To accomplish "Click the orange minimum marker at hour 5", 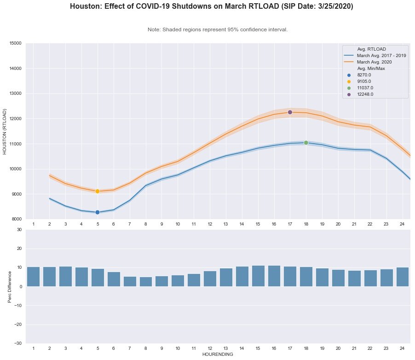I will (98, 191).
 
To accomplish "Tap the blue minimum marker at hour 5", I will (98, 212).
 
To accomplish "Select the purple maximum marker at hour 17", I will (290, 112).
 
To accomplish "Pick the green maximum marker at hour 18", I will (306, 143).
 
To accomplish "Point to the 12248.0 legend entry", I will (365, 94).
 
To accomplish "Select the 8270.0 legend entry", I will (364, 75).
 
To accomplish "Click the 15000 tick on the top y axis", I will (15, 43).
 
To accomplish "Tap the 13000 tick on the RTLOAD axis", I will (15, 93).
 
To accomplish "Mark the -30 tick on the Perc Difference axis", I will (17, 343).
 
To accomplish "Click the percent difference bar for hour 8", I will (146, 282).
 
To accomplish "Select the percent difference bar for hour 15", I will (258, 276).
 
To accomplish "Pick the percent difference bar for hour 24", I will (402, 277).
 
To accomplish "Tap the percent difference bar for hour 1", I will (33, 277).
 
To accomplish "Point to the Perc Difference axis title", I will (10, 286).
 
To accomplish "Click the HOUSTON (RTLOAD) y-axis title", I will (5, 131).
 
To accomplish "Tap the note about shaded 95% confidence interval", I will (218, 29).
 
